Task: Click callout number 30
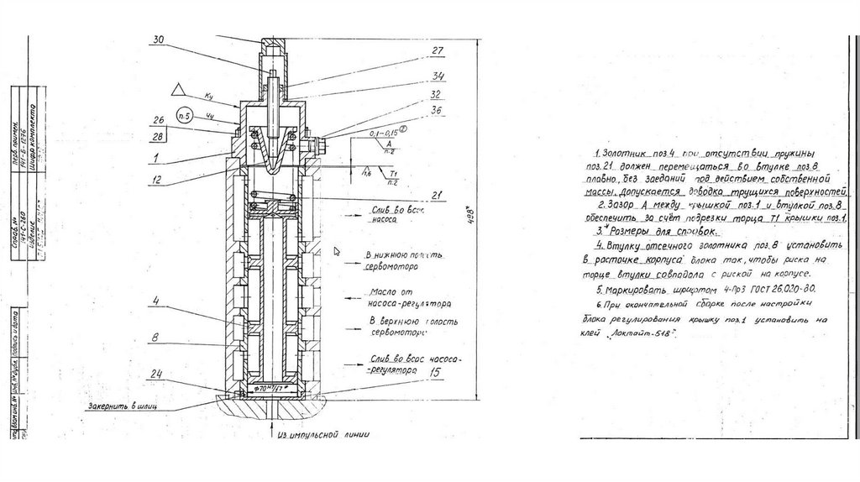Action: click(159, 39)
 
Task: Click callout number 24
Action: click(158, 373)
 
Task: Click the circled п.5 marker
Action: click(179, 114)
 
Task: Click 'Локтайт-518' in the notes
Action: click(647, 333)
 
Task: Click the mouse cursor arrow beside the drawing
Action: click(336, 250)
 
